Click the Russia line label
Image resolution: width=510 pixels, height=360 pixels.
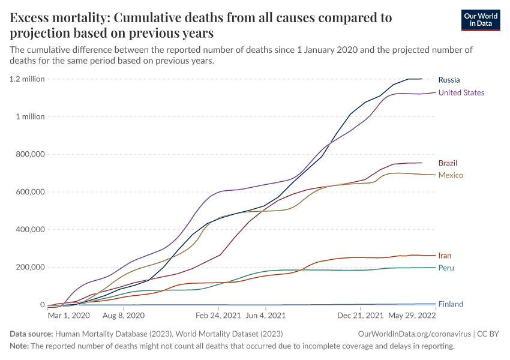(449, 80)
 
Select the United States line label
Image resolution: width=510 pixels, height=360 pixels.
(461, 92)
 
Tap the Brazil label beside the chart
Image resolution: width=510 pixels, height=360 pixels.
(448, 163)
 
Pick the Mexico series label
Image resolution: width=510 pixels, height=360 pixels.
(451, 175)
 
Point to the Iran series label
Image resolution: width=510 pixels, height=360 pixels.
(445, 256)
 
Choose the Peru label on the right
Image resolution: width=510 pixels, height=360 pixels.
(445, 268)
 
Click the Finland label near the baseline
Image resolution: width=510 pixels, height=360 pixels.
(451, 304)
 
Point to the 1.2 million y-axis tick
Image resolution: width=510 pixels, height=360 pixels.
(27, 79)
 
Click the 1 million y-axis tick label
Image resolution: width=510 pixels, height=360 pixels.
(29, 117)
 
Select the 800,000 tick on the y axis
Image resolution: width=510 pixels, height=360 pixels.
(28, 154)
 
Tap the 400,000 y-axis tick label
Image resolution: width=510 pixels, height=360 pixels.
(28, 229)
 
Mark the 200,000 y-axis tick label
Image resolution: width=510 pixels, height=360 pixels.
(28, 267)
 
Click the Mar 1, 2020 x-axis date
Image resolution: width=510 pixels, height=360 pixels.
(68, 315)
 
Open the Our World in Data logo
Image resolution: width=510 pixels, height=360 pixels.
(480, 20)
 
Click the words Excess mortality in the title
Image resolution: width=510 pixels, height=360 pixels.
(58, 18)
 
